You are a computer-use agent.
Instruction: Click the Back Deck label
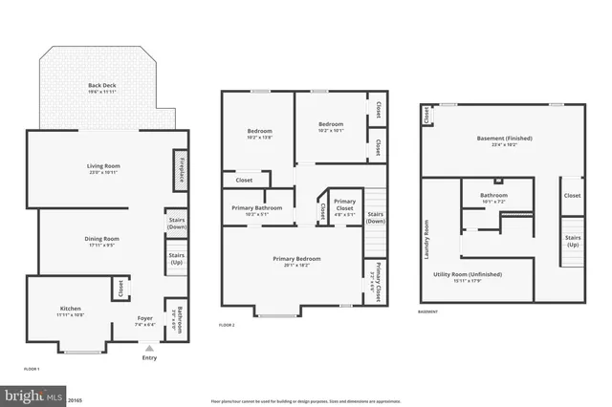103,85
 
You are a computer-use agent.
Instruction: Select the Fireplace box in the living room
178,165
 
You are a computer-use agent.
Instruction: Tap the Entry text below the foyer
149,357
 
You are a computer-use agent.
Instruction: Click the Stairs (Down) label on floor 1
176,224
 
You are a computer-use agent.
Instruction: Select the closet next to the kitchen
121,287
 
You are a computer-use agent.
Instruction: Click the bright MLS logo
33,395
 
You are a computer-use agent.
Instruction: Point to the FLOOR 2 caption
227,326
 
